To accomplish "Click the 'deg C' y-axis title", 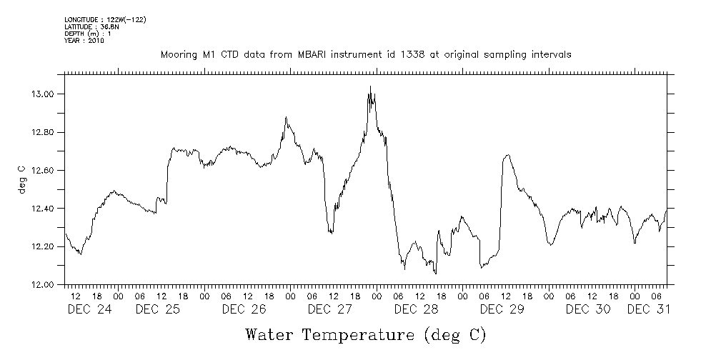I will (21, 179).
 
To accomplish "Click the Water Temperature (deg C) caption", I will (365, 334).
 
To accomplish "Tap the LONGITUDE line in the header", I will (105, 19).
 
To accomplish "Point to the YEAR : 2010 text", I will (84, 41).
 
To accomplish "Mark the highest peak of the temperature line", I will (370, 86).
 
